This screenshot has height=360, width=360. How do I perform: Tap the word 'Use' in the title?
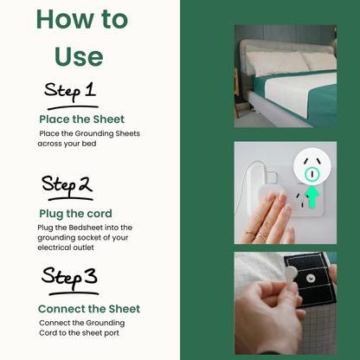click(x=79, y=56)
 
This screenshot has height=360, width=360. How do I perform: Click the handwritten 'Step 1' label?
click(x=70, y=93)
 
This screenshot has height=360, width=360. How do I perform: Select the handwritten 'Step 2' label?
click(x=67, y=186)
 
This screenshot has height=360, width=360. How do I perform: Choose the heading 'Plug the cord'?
click(x=75, y=214)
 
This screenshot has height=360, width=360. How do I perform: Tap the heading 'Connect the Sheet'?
click(x=88, y=309)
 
